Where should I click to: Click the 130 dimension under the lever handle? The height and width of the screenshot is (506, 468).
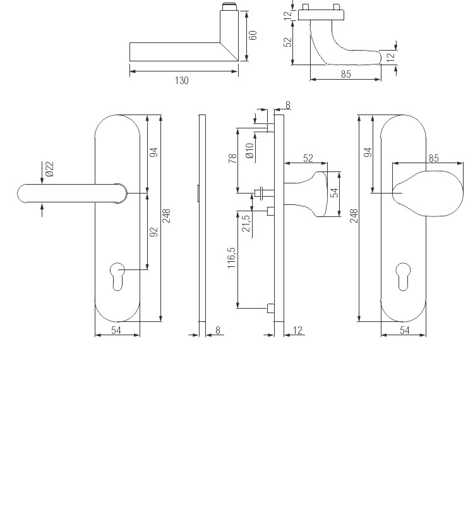[x=183, y=80]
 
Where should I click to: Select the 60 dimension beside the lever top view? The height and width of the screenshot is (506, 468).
[x=253, y=35]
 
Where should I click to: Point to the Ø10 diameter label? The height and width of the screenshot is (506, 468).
[x=249, y=151]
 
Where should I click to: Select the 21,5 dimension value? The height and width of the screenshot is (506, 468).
[x=246, y=223]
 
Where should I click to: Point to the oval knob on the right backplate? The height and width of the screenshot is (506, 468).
[x=426, y=192]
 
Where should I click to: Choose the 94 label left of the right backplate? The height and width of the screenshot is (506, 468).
[x=368, y=152]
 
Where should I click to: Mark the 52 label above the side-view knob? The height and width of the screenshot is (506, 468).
[x=308, y=158]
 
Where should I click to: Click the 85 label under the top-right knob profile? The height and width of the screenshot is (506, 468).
[x=345, y=75]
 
